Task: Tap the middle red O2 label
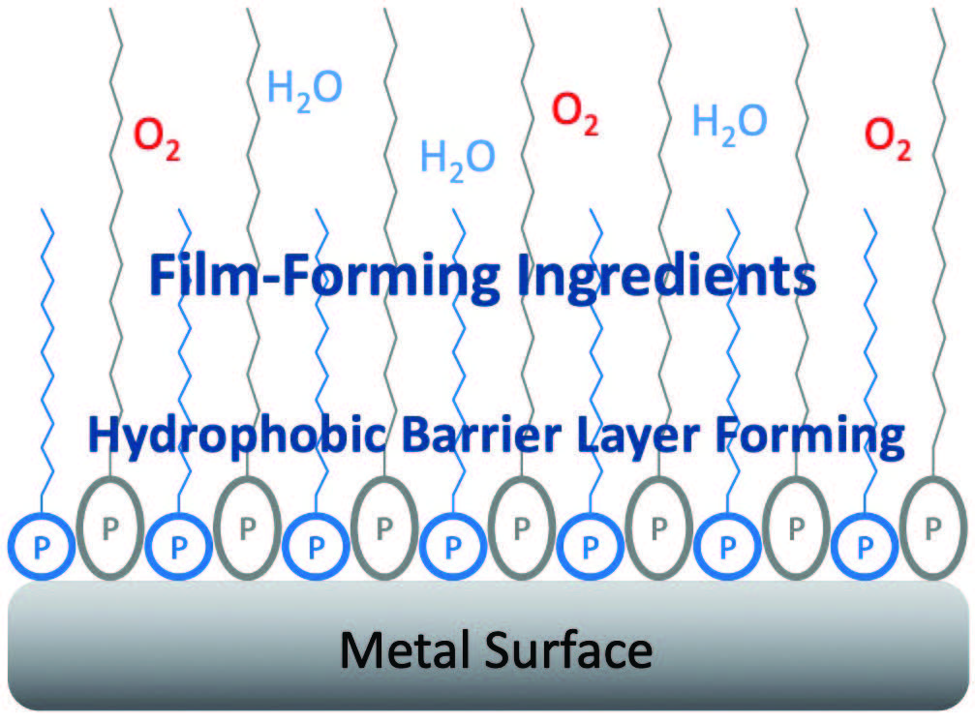[575, 113]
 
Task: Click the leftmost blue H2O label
[304, 90]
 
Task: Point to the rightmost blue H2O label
[730, 121]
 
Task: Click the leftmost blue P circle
[41, 545]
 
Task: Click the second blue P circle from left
[178, 545]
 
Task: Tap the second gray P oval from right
[796, 528]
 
